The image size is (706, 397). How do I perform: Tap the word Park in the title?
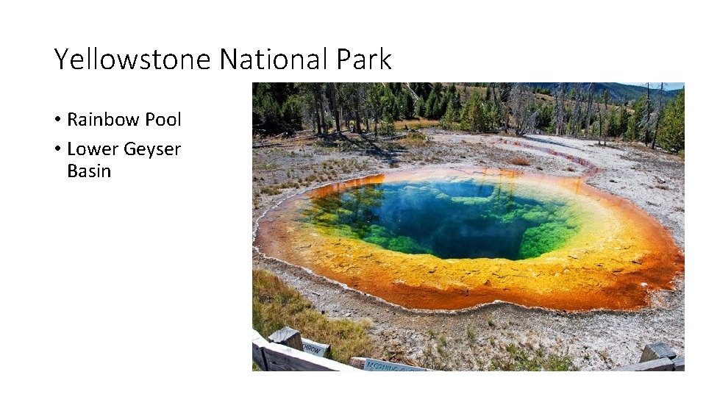point(366,60)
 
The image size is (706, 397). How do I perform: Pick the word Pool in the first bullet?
point(161,119)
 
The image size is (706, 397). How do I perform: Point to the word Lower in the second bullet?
point(92,149)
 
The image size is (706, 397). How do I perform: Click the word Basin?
point(88,171)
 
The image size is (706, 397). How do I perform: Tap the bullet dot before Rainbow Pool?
point(57,120)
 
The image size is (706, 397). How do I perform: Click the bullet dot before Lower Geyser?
point(57,150)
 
